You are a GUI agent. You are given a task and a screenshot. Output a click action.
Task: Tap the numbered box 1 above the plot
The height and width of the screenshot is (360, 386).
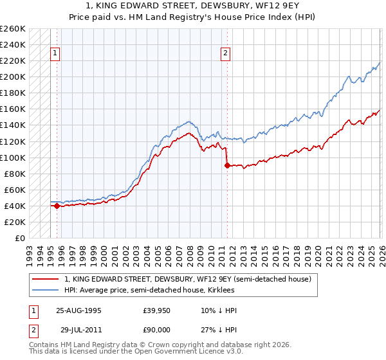pos(56,54)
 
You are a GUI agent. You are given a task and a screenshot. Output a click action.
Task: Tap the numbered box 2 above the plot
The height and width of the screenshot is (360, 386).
pos(226,54)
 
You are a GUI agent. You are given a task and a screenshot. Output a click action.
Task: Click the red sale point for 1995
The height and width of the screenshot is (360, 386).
pos(57,206)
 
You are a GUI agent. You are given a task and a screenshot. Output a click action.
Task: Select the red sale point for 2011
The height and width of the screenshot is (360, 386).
pos(226,165)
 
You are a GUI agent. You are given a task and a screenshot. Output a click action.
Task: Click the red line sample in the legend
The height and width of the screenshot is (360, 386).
pos(46,280)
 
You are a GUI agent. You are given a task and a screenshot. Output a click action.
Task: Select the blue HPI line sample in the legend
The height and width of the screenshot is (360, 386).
pos(46,290)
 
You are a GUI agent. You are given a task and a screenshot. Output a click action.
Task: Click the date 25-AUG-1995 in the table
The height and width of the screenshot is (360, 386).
pos(78,310)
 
